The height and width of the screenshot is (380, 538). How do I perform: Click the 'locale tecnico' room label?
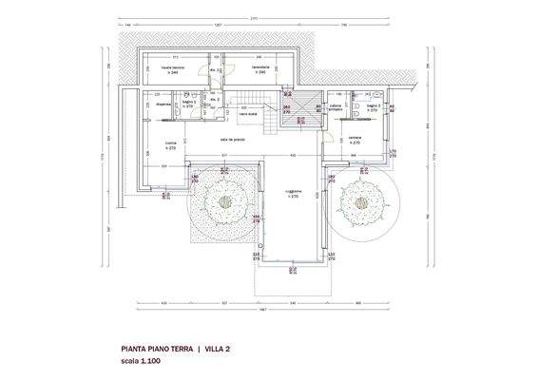[x=172, y=69]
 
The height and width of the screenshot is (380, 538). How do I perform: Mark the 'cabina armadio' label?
[x=336, y=107]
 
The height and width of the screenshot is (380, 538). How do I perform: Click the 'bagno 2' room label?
[x=373, y=106]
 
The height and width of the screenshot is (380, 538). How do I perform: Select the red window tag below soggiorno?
[x=291, y=270]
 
